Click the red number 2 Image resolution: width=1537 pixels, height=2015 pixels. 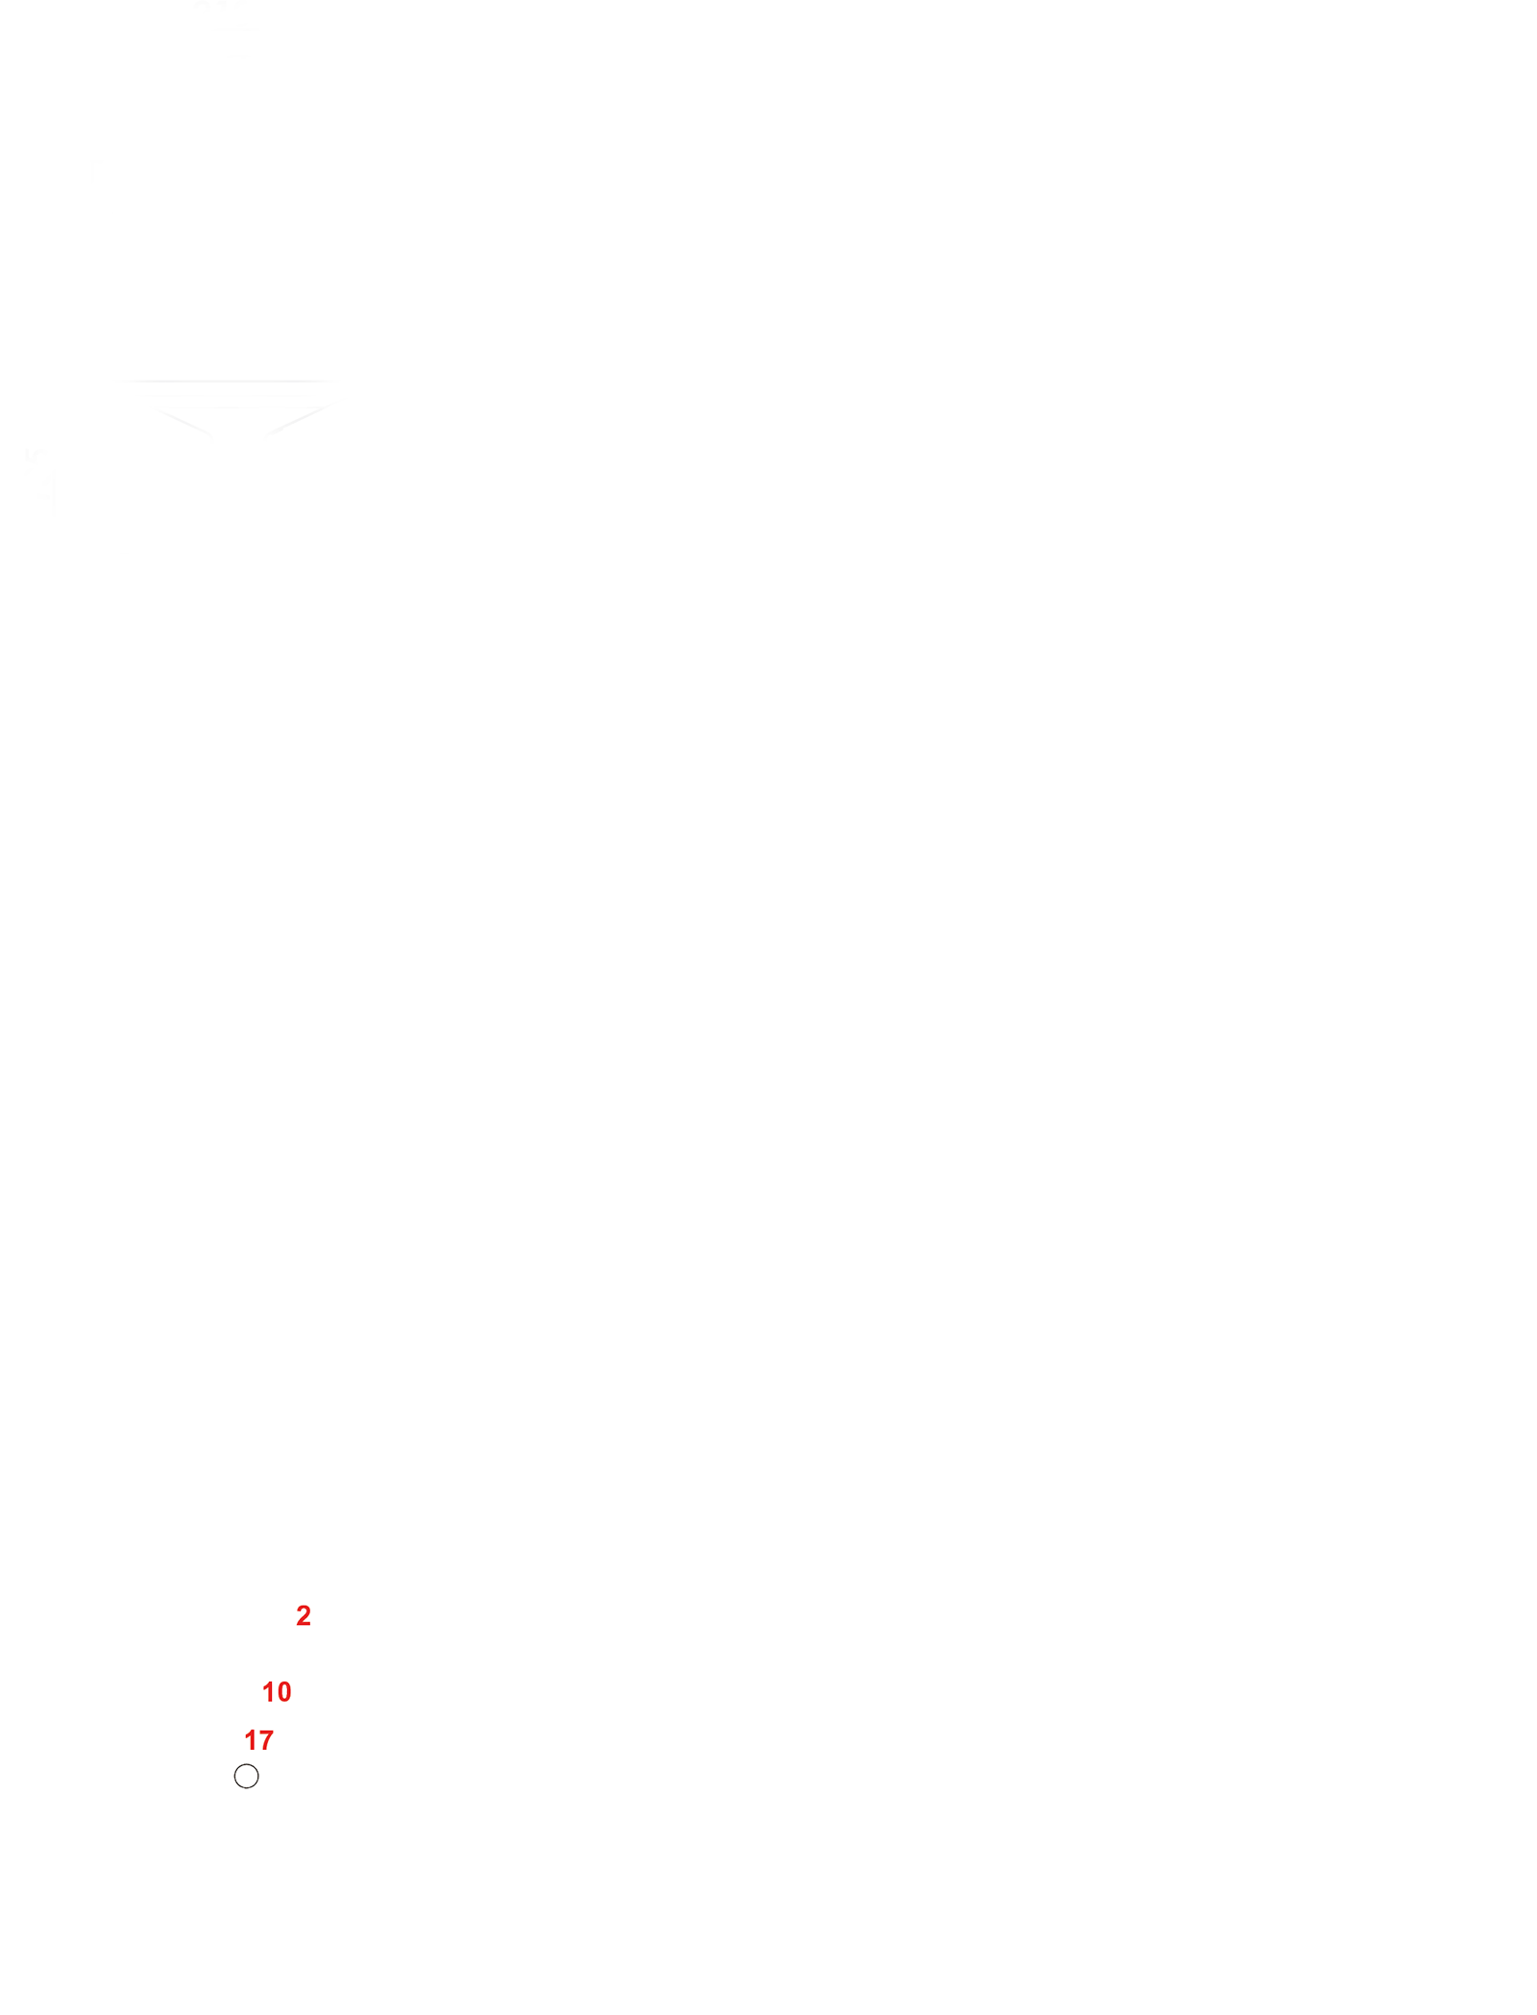(x=304, y=1615)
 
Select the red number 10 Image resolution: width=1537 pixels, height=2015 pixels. (x=277, y=1691)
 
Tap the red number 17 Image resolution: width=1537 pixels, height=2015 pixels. (x=259, y=1740)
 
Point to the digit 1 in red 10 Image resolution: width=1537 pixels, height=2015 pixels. (x=268, y=1691)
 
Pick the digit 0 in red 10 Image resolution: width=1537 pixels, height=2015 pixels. (x=283, y=1691)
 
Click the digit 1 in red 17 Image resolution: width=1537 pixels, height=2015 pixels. (x=251, y=1740)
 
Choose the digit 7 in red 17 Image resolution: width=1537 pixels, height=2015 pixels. (x=266, y=1740)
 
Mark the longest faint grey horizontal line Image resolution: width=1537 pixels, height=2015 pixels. (x=227, y=381)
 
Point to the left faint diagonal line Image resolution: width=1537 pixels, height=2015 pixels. (x=183, y=422)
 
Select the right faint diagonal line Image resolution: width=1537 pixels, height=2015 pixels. (x=299, y=420)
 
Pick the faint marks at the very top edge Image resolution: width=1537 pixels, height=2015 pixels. (x=222, y=4)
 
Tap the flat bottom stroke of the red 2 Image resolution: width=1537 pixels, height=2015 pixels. (x=304, y=1625)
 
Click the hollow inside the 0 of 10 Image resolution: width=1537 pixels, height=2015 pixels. (x=283, y=1691)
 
